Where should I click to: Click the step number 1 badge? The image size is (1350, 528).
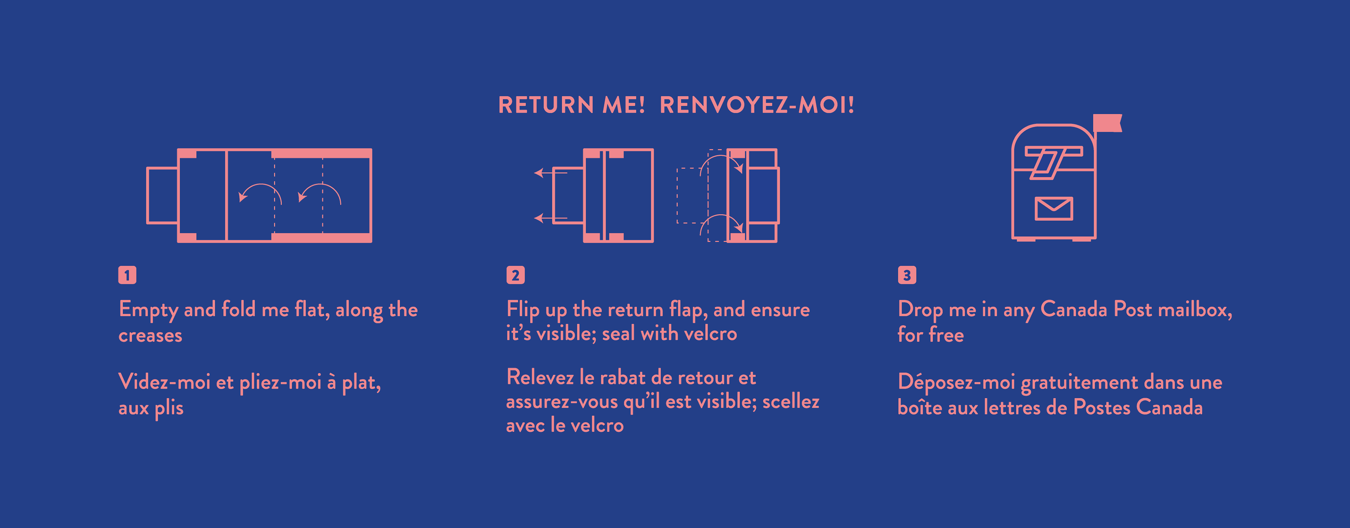127,275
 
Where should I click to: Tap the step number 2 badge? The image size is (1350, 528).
515,275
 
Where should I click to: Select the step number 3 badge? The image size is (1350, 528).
907,275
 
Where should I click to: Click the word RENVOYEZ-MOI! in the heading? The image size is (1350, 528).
757,105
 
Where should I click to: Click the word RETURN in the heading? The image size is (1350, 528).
546,105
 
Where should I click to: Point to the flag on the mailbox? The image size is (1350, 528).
1107,123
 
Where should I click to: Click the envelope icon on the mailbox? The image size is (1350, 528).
1054,208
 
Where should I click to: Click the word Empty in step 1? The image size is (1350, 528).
148,310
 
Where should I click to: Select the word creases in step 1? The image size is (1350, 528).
150,336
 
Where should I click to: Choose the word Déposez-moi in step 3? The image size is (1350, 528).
956,383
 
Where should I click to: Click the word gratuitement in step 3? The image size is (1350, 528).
1080,383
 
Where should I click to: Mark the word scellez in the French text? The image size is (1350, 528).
791,402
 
